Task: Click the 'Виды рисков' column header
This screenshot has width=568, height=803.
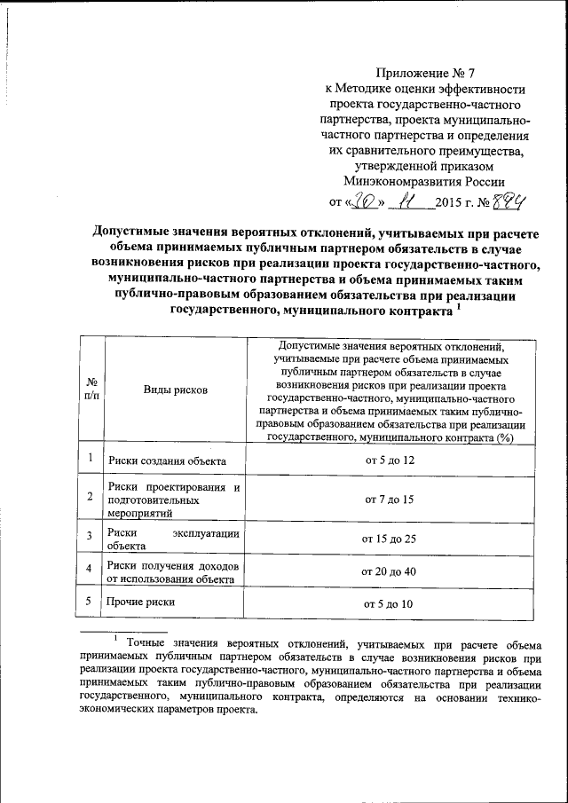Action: coord(175,390)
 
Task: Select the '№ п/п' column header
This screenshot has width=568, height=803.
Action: coord(91,390)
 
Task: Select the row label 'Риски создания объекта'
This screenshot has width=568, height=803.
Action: coord(167,461)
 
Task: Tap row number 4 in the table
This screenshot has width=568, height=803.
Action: coord(90,568)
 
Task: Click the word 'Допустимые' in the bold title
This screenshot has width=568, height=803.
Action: coord(133,231)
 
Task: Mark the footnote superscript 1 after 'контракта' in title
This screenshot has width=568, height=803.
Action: coord(458,306)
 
